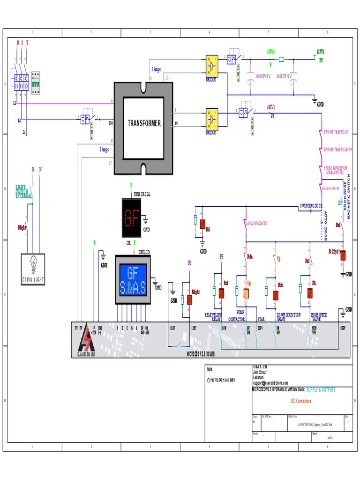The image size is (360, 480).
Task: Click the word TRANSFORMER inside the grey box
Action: (144, 123)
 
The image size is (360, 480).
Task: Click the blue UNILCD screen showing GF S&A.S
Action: (132, 279)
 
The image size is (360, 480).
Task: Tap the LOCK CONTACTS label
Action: (256, 224)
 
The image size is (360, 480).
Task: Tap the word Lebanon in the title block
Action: (258, 377)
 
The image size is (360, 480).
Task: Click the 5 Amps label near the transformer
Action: (156, 69)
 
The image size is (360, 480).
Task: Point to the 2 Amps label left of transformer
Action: (104, 150)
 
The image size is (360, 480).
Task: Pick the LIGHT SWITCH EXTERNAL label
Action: (24, 191)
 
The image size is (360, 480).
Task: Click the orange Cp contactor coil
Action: (246, 294)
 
